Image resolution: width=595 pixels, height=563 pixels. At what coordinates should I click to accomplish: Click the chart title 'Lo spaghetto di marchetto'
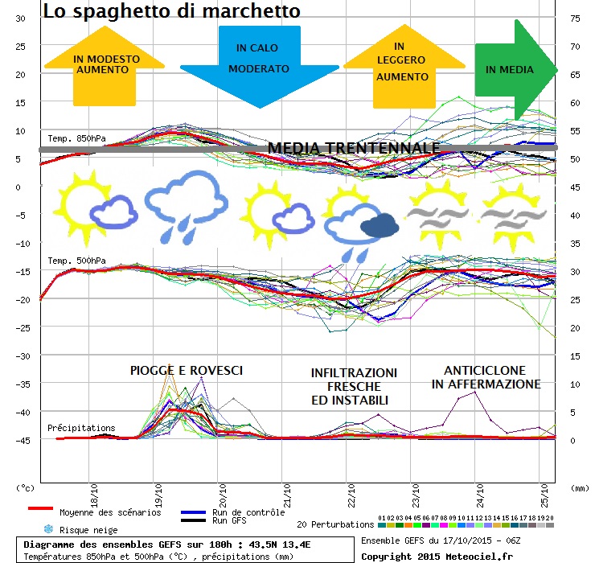point(172,12)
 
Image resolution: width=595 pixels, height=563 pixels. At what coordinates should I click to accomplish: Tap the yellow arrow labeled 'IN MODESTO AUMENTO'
point(105,65)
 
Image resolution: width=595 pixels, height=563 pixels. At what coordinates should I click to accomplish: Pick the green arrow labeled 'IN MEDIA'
point(512,70)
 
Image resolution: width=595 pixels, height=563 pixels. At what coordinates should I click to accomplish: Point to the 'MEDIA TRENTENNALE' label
point(353,149)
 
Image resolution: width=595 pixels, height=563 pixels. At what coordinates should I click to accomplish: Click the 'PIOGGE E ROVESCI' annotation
point(186,371)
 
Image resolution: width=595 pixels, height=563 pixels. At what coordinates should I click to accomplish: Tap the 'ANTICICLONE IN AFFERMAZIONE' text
point(486,377)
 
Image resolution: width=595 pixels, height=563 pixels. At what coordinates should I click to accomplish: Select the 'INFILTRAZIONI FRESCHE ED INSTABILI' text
point(354,386)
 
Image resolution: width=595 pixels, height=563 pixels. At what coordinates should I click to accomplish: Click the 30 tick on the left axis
point(20,18)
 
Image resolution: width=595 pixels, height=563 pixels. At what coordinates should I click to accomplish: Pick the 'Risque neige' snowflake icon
point(47,529)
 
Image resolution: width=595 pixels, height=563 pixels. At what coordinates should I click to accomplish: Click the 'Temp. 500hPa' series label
point(76,261)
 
